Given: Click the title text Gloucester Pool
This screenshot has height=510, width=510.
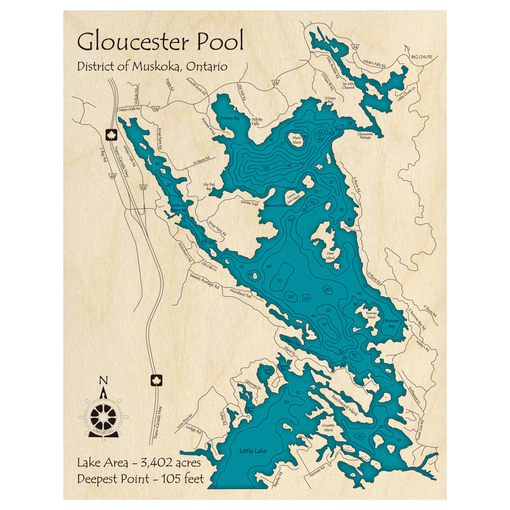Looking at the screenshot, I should (x=160, y=42).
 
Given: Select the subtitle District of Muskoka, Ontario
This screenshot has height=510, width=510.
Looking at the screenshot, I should (x=152, y=67).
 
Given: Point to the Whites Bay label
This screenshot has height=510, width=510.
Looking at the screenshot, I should (x=229, y=118).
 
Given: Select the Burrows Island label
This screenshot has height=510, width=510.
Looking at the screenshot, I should (x=371, y=315).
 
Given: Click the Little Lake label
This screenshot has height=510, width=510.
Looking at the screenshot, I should (x=253, y=450).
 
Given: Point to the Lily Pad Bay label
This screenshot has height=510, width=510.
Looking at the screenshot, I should (x=207, y=187).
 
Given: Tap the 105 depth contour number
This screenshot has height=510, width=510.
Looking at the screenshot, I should (x=266, y=168).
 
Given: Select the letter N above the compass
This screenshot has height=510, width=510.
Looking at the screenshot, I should (x=104, y=380).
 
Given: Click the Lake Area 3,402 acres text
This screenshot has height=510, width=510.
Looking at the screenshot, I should (x=139, y=463).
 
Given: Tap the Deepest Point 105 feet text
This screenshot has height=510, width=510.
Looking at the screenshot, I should (x=141, y=479).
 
